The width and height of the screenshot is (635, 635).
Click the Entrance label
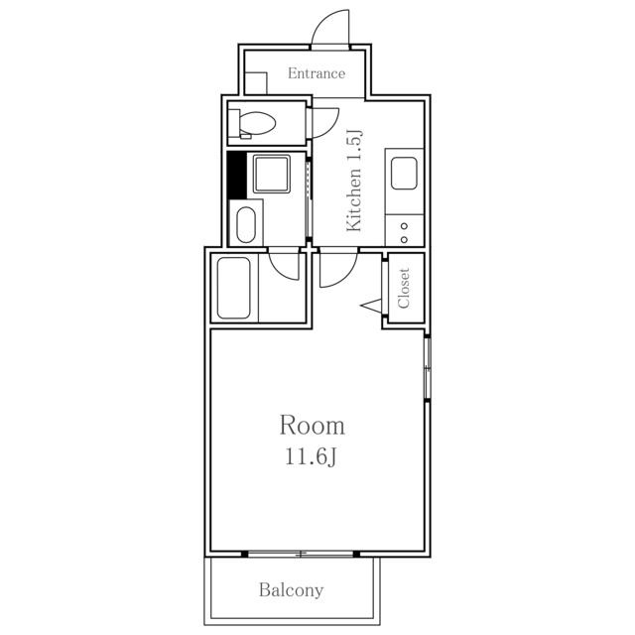click(317, 73)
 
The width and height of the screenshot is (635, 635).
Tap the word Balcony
click(291, 590)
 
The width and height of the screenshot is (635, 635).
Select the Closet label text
click(404, 288)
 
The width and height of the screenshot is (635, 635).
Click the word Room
click(313, 426)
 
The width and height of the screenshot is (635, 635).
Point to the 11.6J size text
click(312, 457)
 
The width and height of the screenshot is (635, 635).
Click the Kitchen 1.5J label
click(354, 181)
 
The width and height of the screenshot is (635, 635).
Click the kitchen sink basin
click(404, 174)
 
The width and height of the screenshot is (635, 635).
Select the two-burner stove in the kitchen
click(404, 231)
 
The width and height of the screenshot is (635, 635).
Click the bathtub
click(234, 288)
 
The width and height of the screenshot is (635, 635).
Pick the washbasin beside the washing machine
click(246, 225)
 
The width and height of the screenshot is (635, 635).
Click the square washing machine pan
click(271, 174)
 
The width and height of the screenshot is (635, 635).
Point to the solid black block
click(237, 175)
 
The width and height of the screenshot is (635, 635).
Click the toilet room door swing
click(324, 122)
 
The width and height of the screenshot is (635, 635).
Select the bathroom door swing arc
click(284, 266)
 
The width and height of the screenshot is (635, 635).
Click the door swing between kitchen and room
click(338, 270)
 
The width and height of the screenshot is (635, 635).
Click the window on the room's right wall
click(428, 368)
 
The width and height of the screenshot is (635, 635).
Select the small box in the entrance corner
click(256, 83)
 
